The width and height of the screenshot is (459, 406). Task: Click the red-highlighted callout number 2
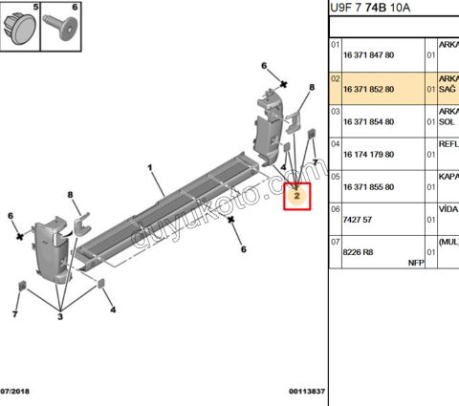coord(298,196)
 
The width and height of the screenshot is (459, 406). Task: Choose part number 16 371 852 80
coord(369,92)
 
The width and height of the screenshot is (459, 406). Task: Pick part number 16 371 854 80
coord(369,124)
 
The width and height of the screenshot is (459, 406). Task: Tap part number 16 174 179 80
coord(369,157)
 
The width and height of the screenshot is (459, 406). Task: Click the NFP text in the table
coord(414,262)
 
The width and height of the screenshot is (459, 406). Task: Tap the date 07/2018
coord(17,392)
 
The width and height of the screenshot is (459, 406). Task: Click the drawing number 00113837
coord(306,392)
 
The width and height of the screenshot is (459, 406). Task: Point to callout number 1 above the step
coord(150,168)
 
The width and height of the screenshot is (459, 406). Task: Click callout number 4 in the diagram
coord(113,310)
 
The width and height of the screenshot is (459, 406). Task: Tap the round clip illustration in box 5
coord(21,26)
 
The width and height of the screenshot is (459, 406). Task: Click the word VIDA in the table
coord(448,207)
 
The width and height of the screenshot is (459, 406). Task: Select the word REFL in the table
coord(448,142)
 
